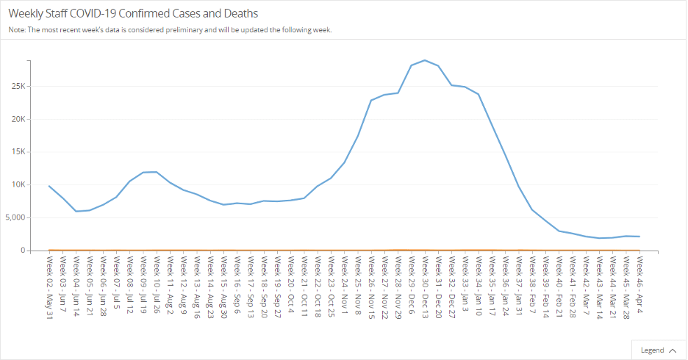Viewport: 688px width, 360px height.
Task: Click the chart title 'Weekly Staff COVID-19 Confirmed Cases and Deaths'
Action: coord(133,13)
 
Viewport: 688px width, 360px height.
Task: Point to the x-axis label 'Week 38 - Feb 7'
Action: coord(532,285)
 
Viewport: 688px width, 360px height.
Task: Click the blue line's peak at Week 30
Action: coord(425,60)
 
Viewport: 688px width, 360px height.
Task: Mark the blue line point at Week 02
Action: coord(49,186)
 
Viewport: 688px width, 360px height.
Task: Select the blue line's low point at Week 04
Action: coord(76,212)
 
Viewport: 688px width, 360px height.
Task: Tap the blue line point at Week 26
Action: coord(371,101)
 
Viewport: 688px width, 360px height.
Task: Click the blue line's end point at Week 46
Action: coord(639,237)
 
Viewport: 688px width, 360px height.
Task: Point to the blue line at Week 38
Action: coord(532,210)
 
